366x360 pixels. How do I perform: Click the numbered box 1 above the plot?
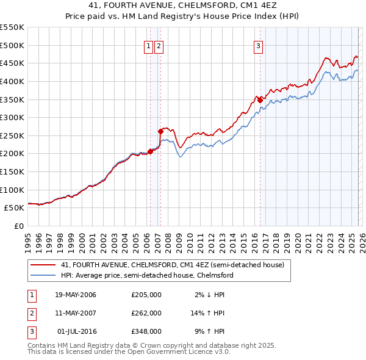coord(148,45)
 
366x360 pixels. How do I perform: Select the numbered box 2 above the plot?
coord(159,45)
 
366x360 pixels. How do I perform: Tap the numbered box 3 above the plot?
coord(258,45)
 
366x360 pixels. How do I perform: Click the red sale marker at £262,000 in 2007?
coord(160,131)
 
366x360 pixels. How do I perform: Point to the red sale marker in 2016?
coord(260,99)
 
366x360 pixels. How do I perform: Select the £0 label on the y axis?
coord(18,226)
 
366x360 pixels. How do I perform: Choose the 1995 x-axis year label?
coord(28,240)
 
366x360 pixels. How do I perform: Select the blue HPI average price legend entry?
coord(146,275)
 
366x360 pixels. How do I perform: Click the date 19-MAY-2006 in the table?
coord(76,295)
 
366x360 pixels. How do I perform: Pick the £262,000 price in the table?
coord(146,313)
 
